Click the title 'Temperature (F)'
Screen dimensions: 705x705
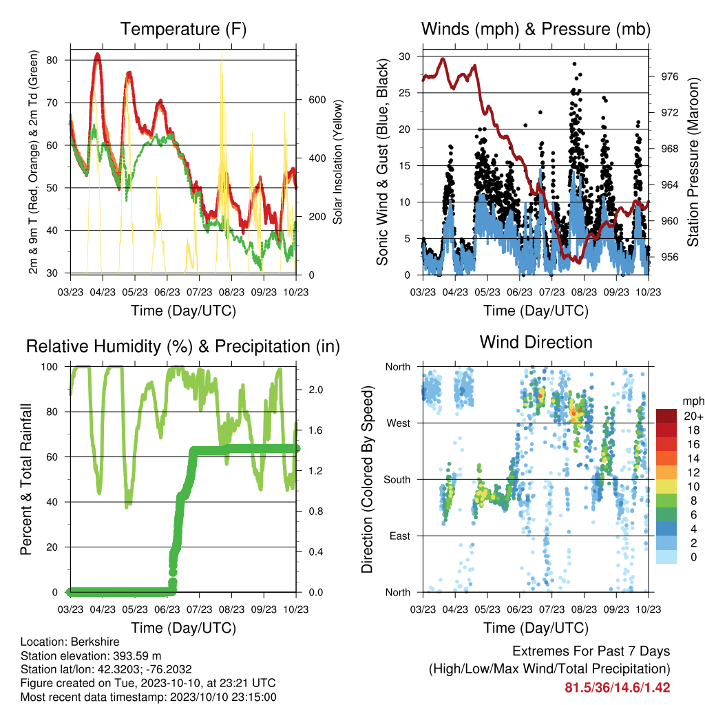click(183, 29)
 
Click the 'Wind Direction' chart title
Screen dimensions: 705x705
click(536, 342)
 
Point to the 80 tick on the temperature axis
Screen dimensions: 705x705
click(52, 61)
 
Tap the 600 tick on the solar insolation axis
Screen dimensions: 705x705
click(317, 100)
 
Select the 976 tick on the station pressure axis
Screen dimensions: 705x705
click(669, 77)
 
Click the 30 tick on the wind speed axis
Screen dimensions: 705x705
click(404, 56)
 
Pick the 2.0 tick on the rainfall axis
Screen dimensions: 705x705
click(315, 390)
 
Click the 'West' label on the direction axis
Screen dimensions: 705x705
click(398, 423)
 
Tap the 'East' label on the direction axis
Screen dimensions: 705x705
click(400, 536)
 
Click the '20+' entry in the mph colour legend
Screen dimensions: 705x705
click(693, 416)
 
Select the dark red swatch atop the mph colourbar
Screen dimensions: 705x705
click(666, 416)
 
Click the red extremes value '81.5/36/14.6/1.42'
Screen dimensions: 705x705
click(618, 688)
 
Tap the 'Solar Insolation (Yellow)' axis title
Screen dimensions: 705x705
click(337, 162)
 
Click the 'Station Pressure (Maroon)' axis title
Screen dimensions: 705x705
click(693, 162)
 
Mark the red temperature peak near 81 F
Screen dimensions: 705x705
click(97, 55)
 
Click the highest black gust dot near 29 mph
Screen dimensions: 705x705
click(575, 64)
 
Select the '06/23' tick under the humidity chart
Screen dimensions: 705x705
click(167, 609)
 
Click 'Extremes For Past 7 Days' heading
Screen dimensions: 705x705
click(591, 651)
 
